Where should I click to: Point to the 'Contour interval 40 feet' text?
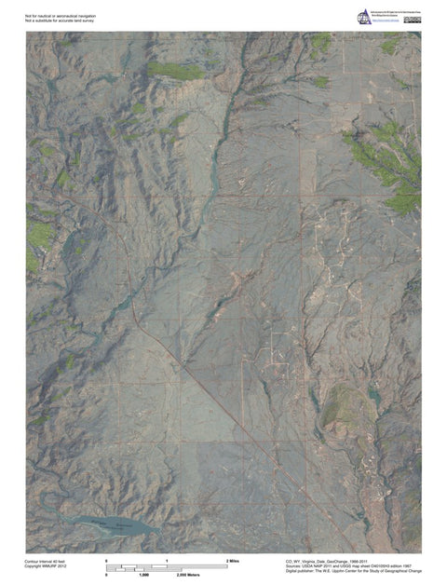[46, 561]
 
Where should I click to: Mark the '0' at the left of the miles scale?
[107, 561]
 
